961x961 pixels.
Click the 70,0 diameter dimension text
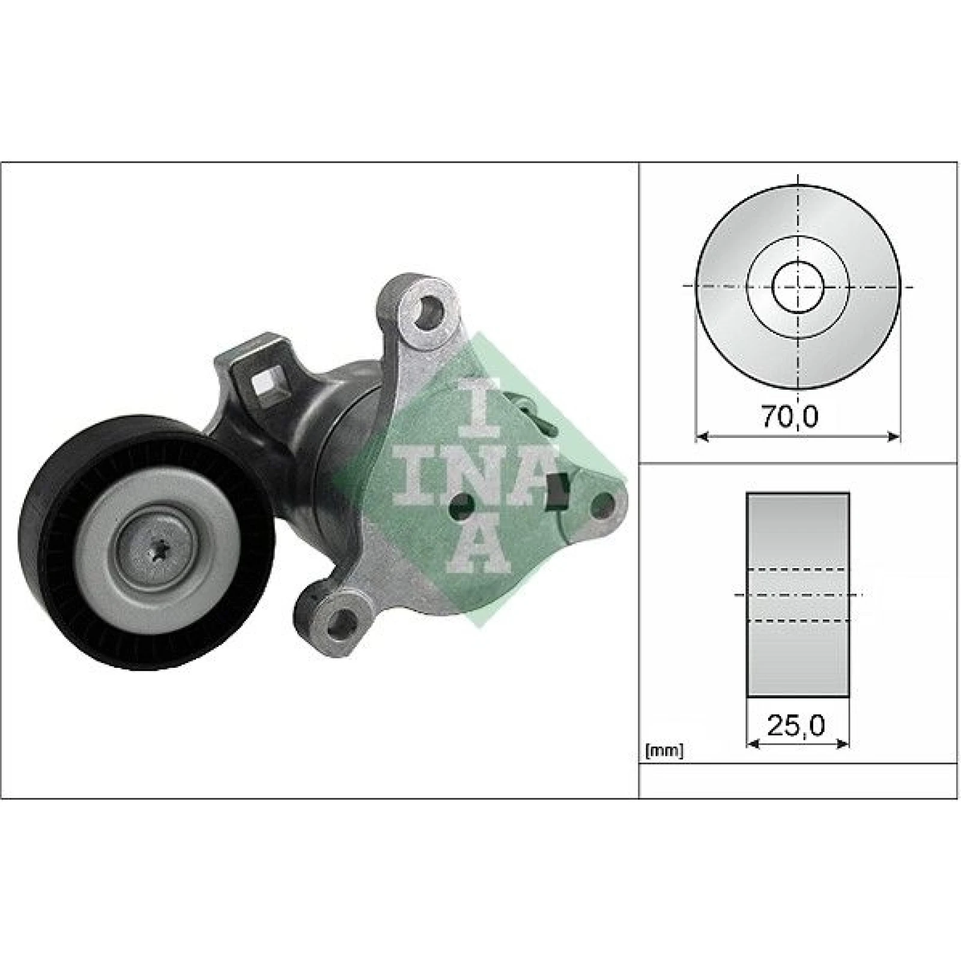[790, 416]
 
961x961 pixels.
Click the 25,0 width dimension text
[796, 726]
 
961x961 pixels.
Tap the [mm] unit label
[664, 750]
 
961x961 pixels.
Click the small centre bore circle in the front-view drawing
[798, 286]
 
